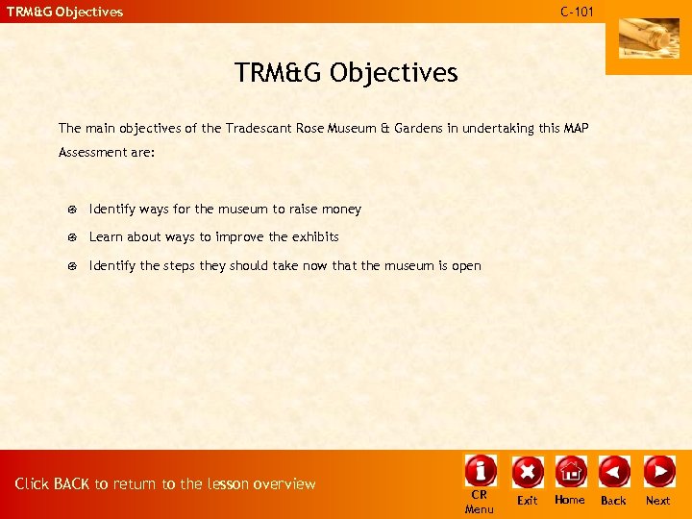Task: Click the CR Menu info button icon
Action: pyautogui.click(x=480, y=471)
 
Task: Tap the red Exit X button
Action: pyautogui.click(x=527, y=471)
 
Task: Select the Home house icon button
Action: pyautogui.click(x=570, y=471)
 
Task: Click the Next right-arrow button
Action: pyautogui.click(x=658, y=471)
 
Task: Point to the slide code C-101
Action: pyautogui.click(x=577, y=12)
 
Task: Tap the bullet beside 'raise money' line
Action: pyautogui.click(x=72, y=210)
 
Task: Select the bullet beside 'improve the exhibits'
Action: pyautogui.click(x=72, y=237)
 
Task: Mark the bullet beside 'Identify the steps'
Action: pyautogui.click(x=72, y=266)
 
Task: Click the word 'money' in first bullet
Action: pyautogui.click(x=341, y=209)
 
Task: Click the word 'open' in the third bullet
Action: pyautogui.click(x=466, y=266)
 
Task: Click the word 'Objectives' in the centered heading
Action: pyautogui.click(x=396, y=72)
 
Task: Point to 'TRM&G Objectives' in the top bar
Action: pyautogui.click(x=65, y=12)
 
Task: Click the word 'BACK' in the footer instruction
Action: pyautogui.click(x=72, y=484)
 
